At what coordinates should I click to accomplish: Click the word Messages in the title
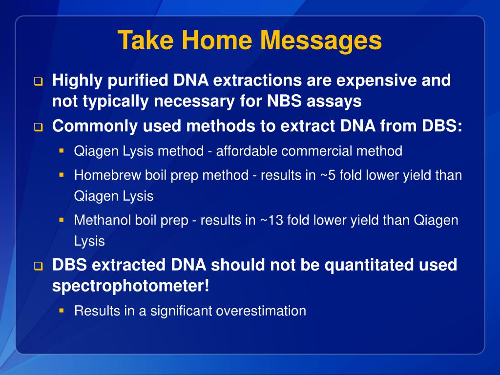[321, 41]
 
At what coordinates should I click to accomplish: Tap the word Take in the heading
[146, 40]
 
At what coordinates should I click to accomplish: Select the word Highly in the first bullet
[77, 81]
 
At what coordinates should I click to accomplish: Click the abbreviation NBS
[284, 101]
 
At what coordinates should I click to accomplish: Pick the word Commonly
[95, 126]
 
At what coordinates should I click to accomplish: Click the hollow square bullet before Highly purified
[38, 82]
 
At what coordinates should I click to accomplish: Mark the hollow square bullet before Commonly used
[38, 127]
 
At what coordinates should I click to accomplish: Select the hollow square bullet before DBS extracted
[38, 266]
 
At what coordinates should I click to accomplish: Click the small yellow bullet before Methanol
[62, 220]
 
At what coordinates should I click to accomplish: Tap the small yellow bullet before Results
[62, 310]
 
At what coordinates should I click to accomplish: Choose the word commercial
[316, 151]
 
